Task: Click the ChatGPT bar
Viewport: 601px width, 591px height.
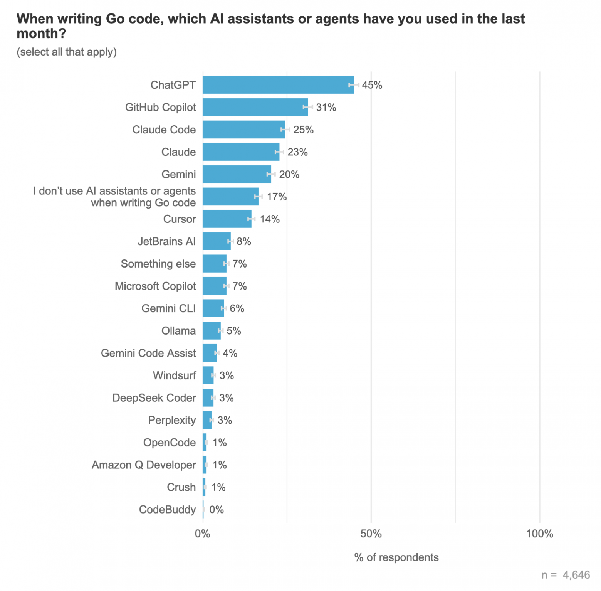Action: tap(278, 85)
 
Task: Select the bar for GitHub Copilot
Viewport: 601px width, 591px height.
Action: tap(255, 107)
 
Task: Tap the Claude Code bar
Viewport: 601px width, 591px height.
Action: tap(244, 130)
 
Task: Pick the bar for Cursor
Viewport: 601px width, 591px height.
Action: tap(227, 219)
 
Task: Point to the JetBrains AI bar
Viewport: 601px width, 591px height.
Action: tap(217, 241)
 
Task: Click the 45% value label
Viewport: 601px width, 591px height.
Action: tap(372, 85)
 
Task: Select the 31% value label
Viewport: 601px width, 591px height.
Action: tap(326, 108)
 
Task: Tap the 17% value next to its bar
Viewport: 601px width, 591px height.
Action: tap(277, 197)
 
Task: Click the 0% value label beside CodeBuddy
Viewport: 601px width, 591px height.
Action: tap(217, 510)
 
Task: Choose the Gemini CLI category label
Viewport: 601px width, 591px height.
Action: tap(168, 308)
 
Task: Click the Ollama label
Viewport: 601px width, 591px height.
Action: tap(178, 331)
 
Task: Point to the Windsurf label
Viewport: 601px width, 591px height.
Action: tap(174, 375)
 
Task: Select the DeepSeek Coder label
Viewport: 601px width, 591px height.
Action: tap(154, 398)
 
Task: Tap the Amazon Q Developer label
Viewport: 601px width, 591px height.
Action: tap(144, 465)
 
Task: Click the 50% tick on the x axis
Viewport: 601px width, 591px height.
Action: tap(371, 534)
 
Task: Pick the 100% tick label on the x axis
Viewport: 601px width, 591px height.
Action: tap(539, 534)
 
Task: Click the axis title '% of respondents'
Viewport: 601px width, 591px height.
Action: tap(396, 557)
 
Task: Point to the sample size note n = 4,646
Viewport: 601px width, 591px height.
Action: tap(566, 575)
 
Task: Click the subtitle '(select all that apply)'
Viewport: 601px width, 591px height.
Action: tap(67, 52)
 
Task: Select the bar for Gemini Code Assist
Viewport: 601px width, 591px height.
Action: tap(210, 353)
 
